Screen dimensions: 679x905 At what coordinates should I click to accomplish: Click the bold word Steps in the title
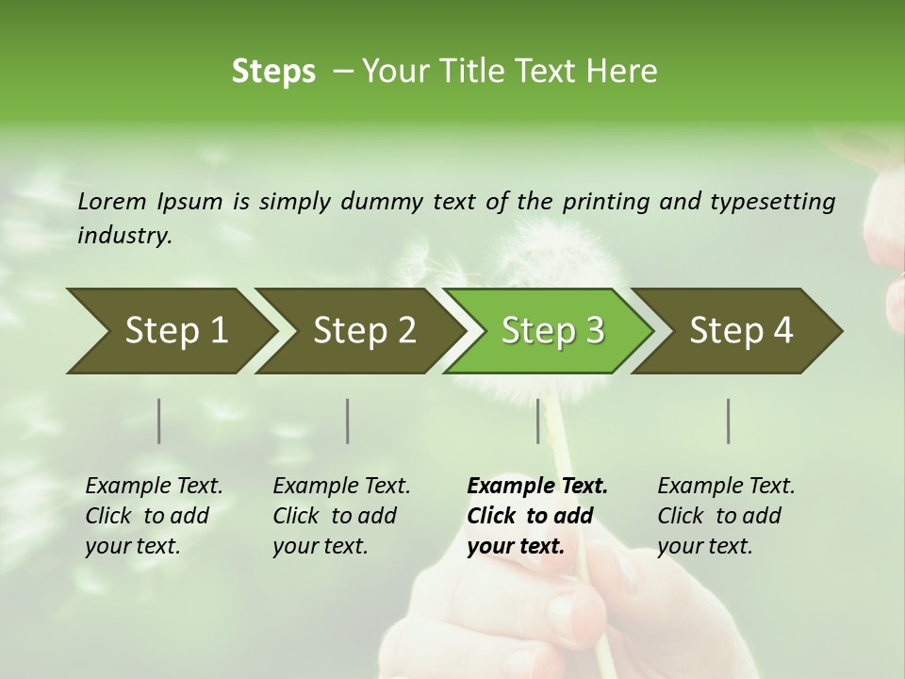click(x=273, y=72)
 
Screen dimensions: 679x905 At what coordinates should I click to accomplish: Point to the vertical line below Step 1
click(x=159, y=421)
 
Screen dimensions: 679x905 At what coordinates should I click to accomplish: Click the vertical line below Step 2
click(x=348, y=421)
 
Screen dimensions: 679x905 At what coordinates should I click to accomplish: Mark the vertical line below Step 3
click(x=538, y=421)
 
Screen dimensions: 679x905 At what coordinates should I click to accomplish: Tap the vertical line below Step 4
click(x=729, y=421)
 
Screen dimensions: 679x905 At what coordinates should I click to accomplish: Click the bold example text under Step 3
click(x=535, y=516)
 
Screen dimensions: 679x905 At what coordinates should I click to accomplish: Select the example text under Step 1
click(x=153, y=516)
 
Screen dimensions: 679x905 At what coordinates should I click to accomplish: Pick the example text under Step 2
click(x=340, y=516)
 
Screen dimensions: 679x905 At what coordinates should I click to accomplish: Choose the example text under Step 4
click(x=725, y=516)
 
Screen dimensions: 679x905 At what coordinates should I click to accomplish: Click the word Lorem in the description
click(x=112, y=201)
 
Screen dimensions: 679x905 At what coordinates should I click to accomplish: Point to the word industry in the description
click(x=123, y=235)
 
